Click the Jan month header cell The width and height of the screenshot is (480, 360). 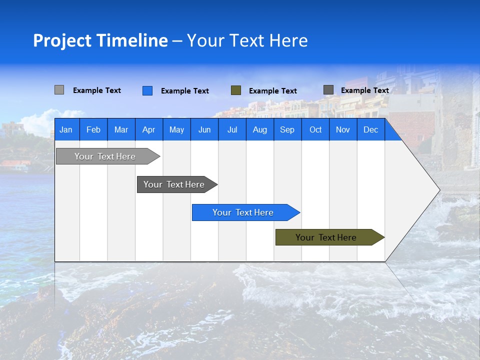coord(66,129)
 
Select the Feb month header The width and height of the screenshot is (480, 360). coord(93,129)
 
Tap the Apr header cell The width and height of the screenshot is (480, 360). coord(149,129)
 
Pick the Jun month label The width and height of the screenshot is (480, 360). coord(204,129)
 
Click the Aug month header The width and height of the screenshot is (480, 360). coord(260,129)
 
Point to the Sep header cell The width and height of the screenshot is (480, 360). coord(287,129)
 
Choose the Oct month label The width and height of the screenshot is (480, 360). coord(315,129)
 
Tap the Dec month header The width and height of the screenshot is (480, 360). coord(371,129)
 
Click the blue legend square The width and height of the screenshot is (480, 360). coord(147,90)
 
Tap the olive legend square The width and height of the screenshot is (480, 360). coord(236,90)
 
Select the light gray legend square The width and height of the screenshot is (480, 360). coord(59,90)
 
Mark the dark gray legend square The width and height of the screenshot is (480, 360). coord(328,90)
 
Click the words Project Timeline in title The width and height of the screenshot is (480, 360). coord(100,40)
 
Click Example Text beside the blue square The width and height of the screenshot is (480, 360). coord(185,91)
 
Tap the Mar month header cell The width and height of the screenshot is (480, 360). coord(121,129)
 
